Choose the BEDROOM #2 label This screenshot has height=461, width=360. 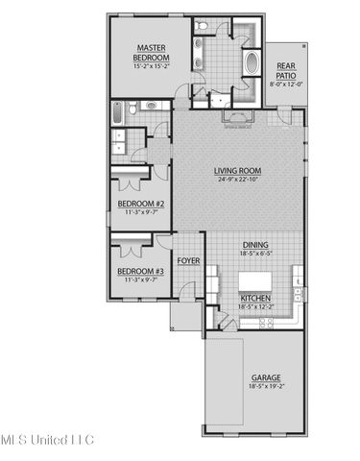tap(141, 204)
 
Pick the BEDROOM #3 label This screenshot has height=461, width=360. tap(141, 271)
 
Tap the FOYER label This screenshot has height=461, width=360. tap(188, 258)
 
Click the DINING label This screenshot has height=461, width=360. tap(254, 244)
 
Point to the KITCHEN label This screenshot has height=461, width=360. tap(255, 300)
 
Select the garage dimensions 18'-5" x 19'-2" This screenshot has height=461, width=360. tap(266, 388)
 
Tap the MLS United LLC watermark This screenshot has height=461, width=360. tap(47, 440)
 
